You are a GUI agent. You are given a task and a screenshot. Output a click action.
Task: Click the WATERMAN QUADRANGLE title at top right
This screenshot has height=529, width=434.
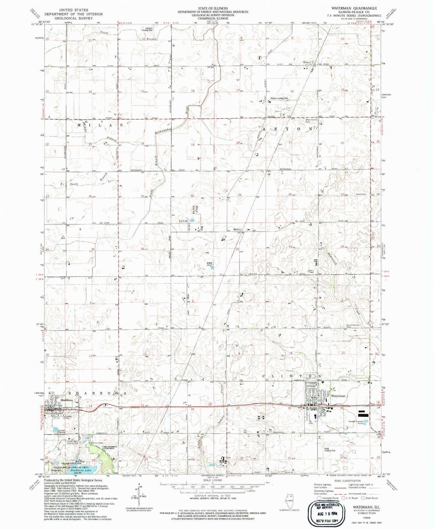pos(354,8)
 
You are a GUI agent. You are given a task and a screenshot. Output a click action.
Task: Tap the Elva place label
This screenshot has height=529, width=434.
pos(306,62)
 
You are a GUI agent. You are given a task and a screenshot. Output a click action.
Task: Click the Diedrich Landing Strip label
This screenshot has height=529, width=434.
pos(147,29)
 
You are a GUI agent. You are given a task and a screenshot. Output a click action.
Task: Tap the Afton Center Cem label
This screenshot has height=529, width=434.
pos(311,121)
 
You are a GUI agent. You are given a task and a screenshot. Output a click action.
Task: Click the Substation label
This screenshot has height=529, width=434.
pos(361,194)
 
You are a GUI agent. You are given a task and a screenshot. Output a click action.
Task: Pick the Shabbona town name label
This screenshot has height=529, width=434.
pos(66,400)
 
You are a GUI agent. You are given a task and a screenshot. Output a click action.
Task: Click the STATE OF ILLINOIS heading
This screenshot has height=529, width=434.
pos(213,8)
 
